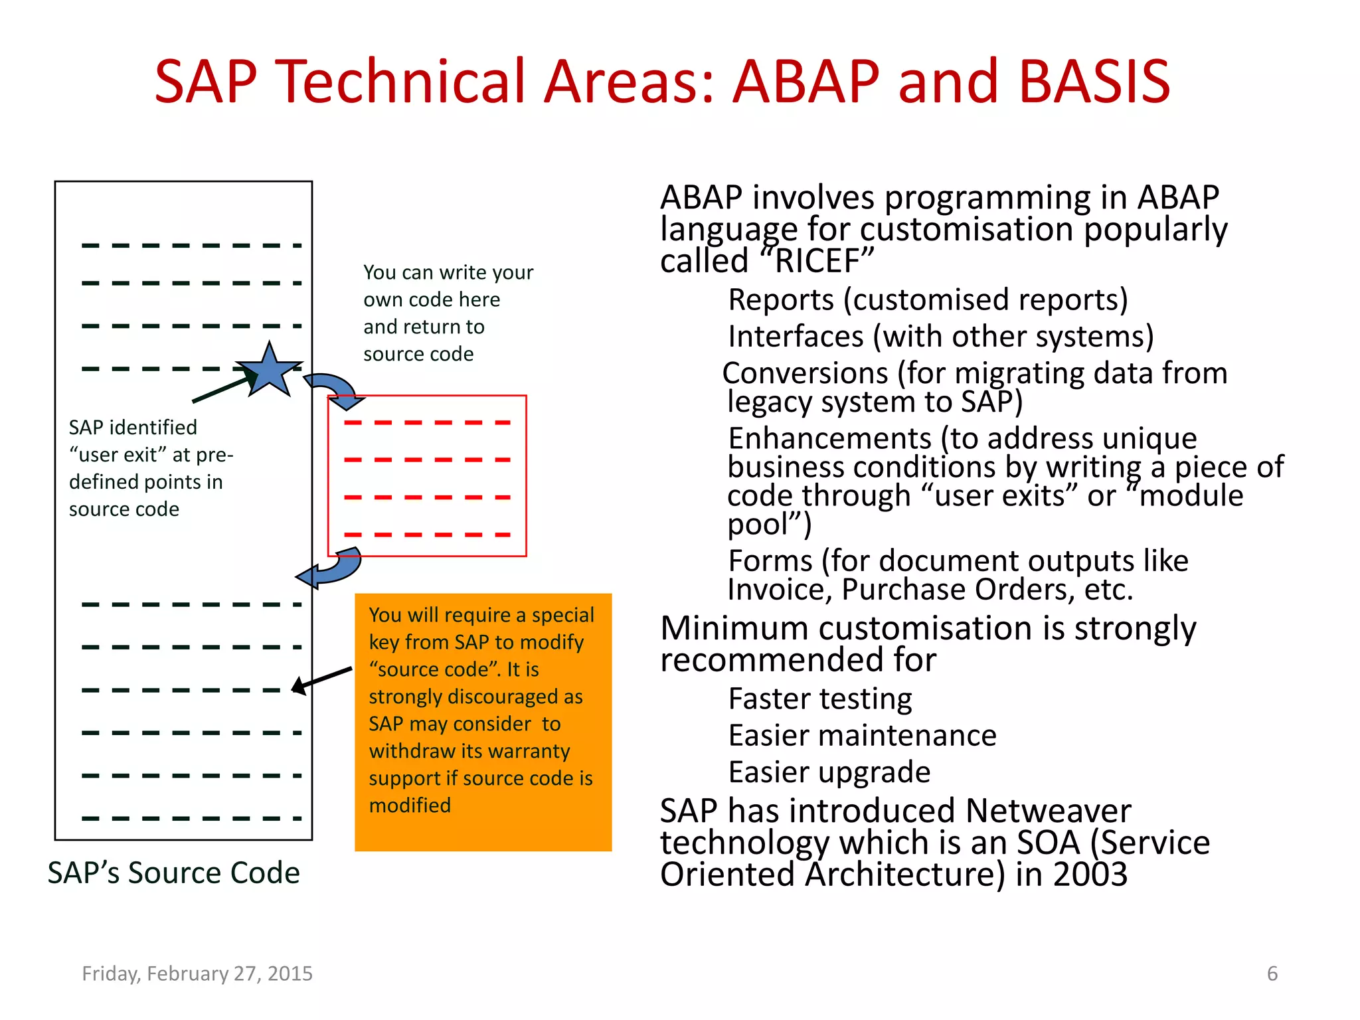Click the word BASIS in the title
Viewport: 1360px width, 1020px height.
(x=1094, y=82)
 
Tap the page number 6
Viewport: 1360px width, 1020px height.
(x=1272, y=974)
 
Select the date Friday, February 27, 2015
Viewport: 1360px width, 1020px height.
(x=197, y=974)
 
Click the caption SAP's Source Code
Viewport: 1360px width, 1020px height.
(x=173, y=873)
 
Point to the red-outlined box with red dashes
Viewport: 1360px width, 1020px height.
(x=427, y=475)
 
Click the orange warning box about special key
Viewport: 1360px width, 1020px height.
(x=483, y=722)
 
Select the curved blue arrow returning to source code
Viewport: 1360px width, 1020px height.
(x=330, y=568)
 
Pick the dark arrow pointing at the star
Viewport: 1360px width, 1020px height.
(x=222, y=389)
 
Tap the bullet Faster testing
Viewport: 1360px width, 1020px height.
(x=820, y=699)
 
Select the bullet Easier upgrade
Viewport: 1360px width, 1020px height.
(x=829, y=772)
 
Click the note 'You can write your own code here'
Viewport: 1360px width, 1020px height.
(x=448, y=313)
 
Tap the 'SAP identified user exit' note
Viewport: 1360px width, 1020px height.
(x=150, y=467)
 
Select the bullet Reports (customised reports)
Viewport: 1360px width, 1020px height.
(x=928, y=299)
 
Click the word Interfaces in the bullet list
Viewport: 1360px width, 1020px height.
(x=796, y=337)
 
